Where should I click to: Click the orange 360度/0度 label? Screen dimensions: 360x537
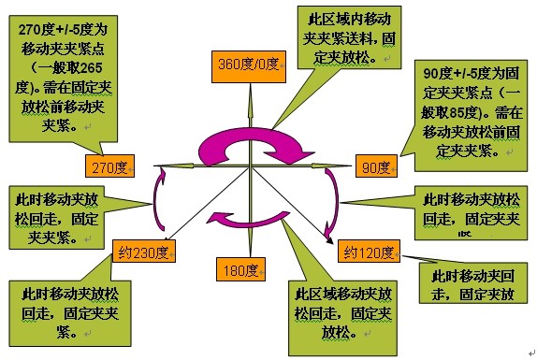(x=248, y=65)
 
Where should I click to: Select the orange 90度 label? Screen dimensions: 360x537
(x=377, y=167)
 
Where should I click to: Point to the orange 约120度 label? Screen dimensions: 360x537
(x=366, y=252)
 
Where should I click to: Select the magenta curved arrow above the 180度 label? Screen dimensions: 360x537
(x=248, y=219)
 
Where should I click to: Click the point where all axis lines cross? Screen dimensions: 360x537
(x=250, y=167)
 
